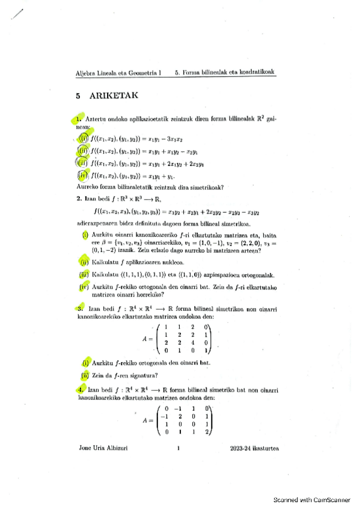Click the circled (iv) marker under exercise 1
[84, 176]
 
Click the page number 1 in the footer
[178, 449]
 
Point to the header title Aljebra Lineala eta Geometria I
[118, 72]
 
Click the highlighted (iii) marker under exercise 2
[85, 274]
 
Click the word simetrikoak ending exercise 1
[204, 187]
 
